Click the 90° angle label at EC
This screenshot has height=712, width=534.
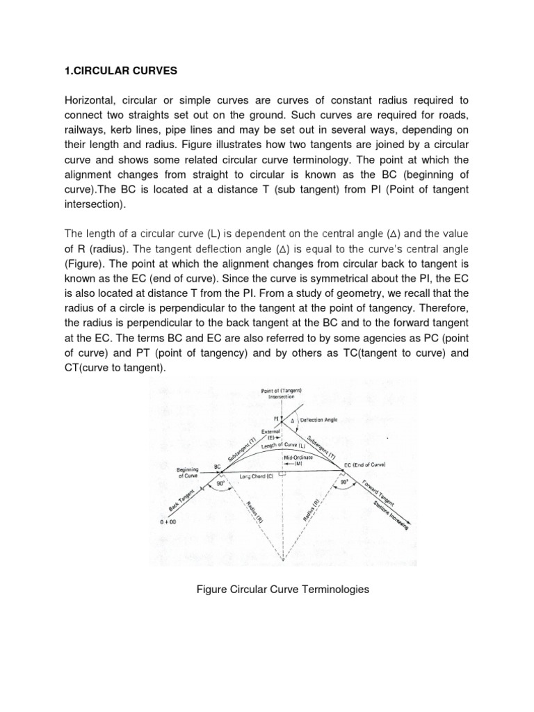pyautogui.click(x=343, y=480)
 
